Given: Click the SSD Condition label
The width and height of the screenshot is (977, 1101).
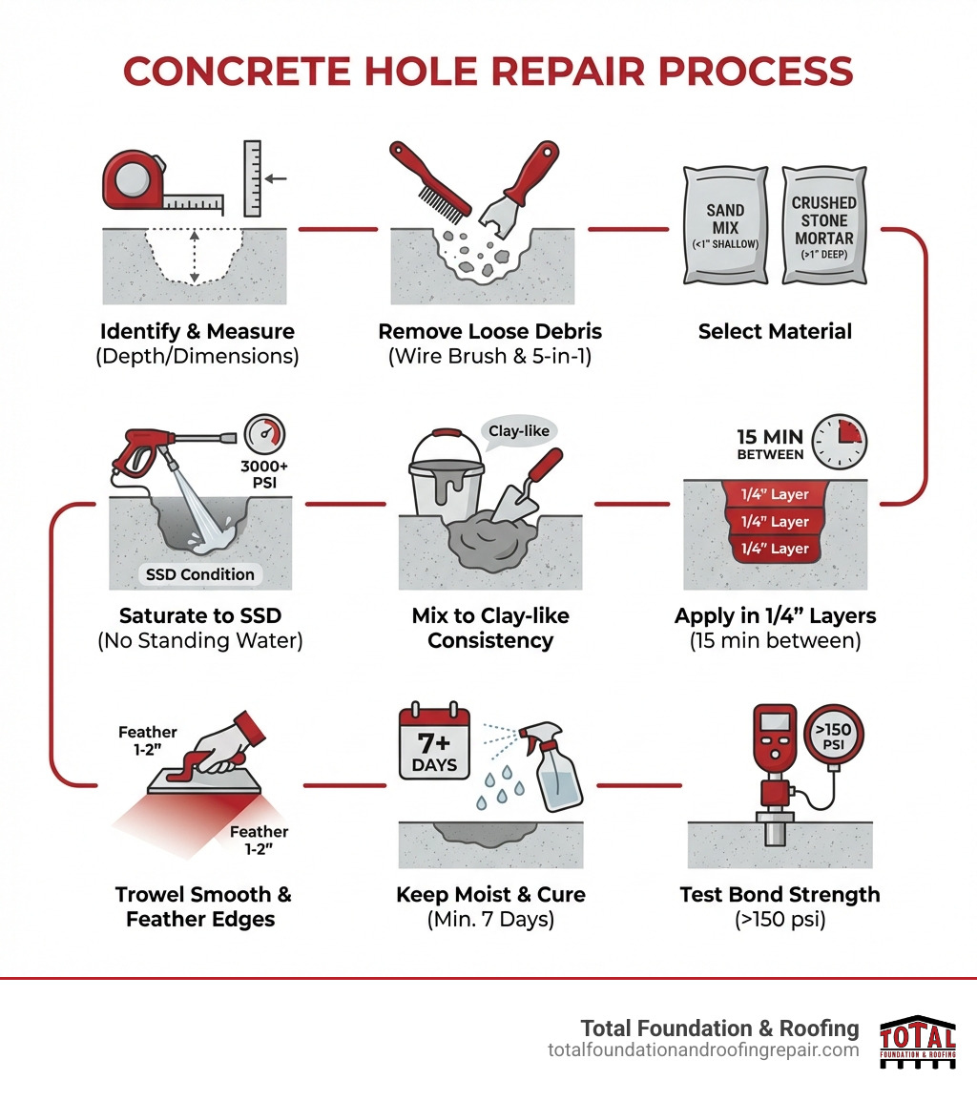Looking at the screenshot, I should point(199,574).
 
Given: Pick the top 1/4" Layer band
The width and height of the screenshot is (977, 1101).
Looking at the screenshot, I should point(774,495).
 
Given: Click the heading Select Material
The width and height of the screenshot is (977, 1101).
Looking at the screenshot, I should point(774,332).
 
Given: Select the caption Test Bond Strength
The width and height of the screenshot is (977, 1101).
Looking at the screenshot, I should point(780,895).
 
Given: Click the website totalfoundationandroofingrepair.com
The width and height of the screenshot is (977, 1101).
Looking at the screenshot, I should point(703,1049).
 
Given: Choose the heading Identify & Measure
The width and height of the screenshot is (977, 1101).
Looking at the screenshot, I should point(197,332).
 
